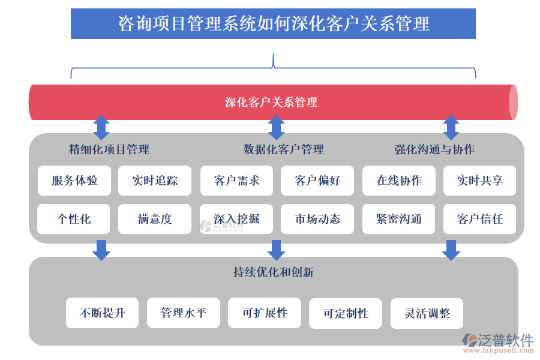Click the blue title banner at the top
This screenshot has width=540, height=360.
(273, 24)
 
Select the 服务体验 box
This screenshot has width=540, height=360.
(74, 181)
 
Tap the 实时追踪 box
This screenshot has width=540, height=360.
(155, 181)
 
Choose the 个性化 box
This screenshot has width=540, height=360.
(74, 219)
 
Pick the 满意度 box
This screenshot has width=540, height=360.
(155, 219)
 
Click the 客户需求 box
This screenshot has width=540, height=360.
(236, 181)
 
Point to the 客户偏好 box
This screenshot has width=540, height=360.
(317, 181)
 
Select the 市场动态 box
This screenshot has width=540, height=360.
(317, 219)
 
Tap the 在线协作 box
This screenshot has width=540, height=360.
(399, 181)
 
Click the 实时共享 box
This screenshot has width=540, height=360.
(479, 181)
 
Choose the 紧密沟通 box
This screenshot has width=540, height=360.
(399, 219)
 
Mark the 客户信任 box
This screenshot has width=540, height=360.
(479, 219)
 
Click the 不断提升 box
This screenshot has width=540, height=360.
(103, 313)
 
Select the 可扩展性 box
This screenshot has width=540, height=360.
(265, 313)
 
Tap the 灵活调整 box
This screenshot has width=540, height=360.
(427, 313)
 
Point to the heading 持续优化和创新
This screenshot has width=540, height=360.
(273, 272)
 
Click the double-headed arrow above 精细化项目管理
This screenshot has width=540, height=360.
(101, 127)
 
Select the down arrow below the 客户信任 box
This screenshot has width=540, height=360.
(451, 250)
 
